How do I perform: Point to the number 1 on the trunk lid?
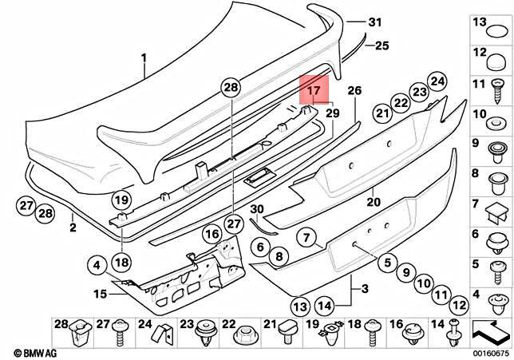pos(144,58)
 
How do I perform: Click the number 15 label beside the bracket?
pos(100,295)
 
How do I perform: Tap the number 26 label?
pos(355,90)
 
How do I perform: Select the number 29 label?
pos(332,114)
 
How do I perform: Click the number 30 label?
pos(255,209)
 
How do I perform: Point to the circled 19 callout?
pos(121,200)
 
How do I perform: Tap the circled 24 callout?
pos(436,80)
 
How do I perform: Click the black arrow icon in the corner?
pos(491,327)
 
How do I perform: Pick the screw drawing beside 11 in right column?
pos(497,85)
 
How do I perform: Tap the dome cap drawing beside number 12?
pos(497,57)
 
